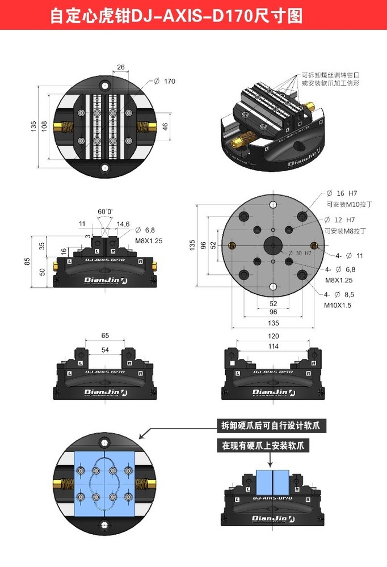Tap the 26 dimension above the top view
[120, 67]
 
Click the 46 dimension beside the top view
[165, 126]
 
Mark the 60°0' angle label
[105, 211]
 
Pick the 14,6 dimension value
[123, 224]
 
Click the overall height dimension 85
[27, 261]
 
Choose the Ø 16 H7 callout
[340, 193]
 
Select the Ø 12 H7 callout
[340, 219]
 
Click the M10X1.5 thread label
[338, 305]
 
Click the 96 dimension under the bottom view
[272, 312]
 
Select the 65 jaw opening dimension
[105, 336]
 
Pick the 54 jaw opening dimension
[105, 350]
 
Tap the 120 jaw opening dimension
[273, 336]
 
